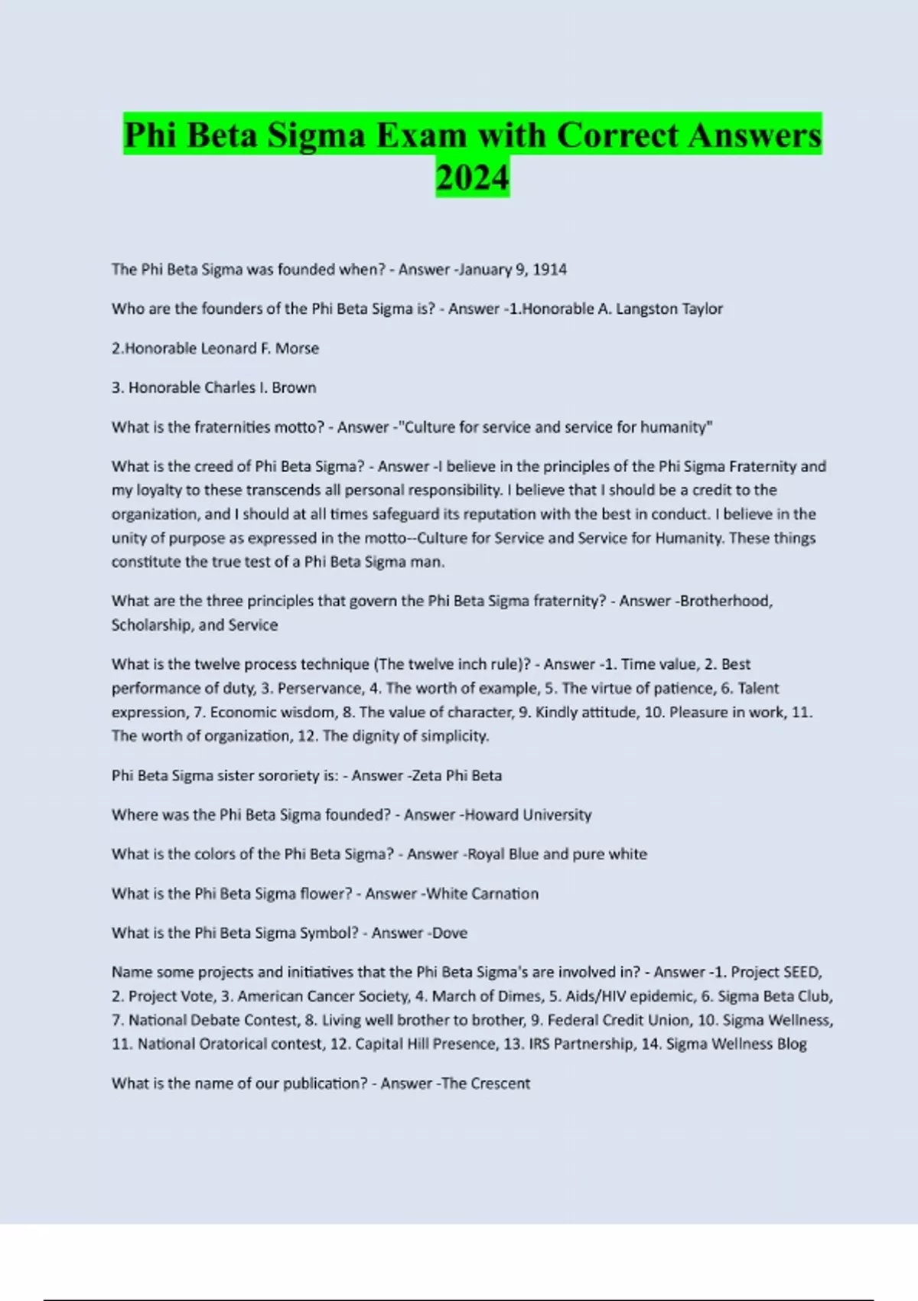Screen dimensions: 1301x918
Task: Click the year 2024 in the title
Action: tap(472, 178)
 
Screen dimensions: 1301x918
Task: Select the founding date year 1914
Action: tap(549, 269)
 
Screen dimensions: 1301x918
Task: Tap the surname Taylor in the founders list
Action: tap(702, 309)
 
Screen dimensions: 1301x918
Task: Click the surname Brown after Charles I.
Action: tap(294, 388)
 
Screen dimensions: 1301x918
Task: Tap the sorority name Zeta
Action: tap(426, 775)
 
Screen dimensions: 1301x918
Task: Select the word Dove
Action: tap(450, 933)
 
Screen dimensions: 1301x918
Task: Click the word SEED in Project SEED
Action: tap(802, 972)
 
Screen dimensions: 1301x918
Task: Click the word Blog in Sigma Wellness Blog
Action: tap(791, 1044)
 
